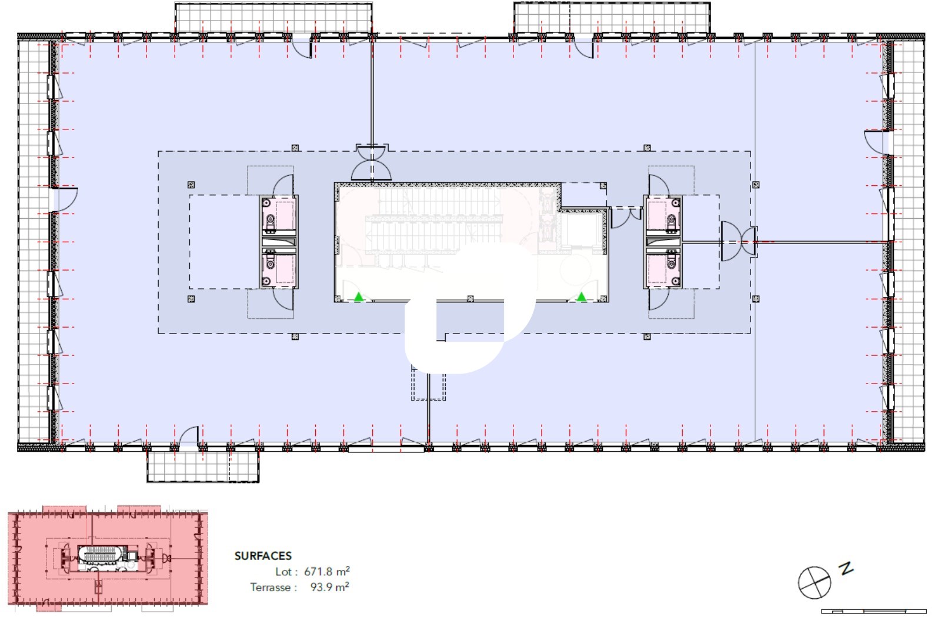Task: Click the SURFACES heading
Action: [x=263, y=556]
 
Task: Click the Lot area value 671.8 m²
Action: [x=327, y=571]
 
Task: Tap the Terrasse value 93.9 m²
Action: [x=329, y=587]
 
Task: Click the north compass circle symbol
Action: [x=814, y=582]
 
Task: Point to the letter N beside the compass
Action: [x=846, y=568]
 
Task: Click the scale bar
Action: [x=874, y=611]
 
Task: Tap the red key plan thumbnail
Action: [x=108, y=558]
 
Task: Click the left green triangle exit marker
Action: [x=358, y=297]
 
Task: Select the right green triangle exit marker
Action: [x=581, y=297]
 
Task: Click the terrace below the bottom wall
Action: [x=203, y=466]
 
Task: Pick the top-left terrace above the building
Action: [x=273, y=18]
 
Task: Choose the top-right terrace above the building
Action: [x=612, y=18]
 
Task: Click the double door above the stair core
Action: [x=371, y=162]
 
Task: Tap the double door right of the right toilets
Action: [x=739, y=242]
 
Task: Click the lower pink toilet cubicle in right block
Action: [x=663, y=268]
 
